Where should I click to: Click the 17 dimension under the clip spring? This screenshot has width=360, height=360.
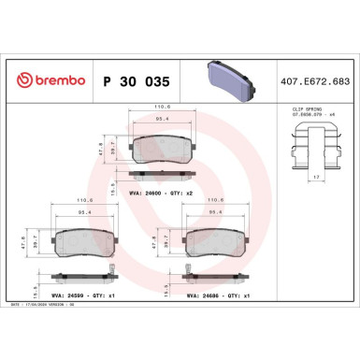[319, 178]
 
